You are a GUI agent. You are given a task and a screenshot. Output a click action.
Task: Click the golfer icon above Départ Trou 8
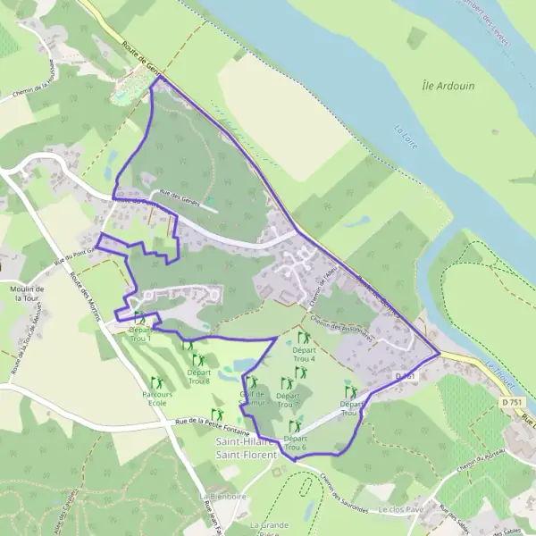[x=197, y=360]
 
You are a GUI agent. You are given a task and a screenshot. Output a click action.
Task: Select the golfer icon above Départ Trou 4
[x=304, y=338]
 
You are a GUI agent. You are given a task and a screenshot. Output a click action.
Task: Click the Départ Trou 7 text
[x=288, y=399]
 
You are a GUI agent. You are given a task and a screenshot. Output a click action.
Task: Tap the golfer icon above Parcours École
[x=157, y=382]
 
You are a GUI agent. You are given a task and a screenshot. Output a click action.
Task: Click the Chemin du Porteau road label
[x=483, y=464]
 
